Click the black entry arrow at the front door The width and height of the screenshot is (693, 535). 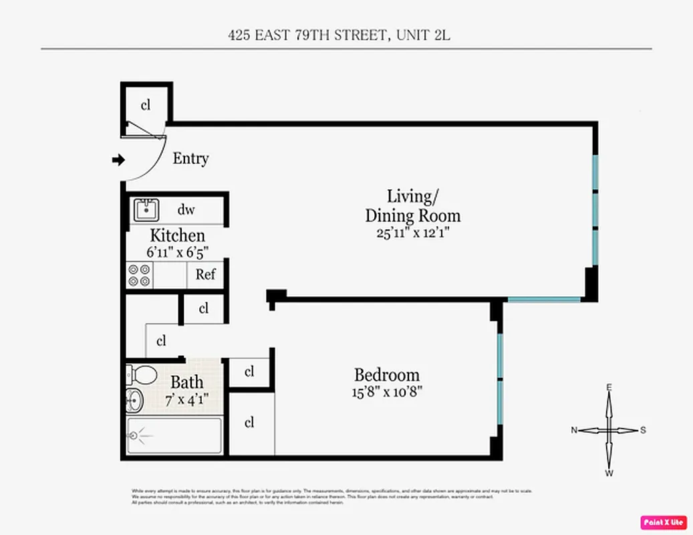point(118,160)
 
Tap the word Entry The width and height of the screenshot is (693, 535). point(190,158)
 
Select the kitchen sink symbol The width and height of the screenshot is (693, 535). point(145,210)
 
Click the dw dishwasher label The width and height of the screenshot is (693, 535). point(186,210)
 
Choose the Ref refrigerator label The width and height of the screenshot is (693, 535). point(205,274)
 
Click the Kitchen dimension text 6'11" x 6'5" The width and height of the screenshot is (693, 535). point(177,253)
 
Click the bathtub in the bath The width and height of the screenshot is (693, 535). point(174,436)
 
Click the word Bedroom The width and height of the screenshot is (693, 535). point(386,374)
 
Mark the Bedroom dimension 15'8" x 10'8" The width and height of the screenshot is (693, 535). point(388,391)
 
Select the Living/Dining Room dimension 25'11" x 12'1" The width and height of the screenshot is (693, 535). point(412,233)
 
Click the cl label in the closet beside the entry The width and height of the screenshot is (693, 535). point(145,105)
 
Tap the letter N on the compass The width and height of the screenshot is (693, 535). point(573,431)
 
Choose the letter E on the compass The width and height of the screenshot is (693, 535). point(609,387)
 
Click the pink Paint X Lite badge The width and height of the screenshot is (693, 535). point(664,522)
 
